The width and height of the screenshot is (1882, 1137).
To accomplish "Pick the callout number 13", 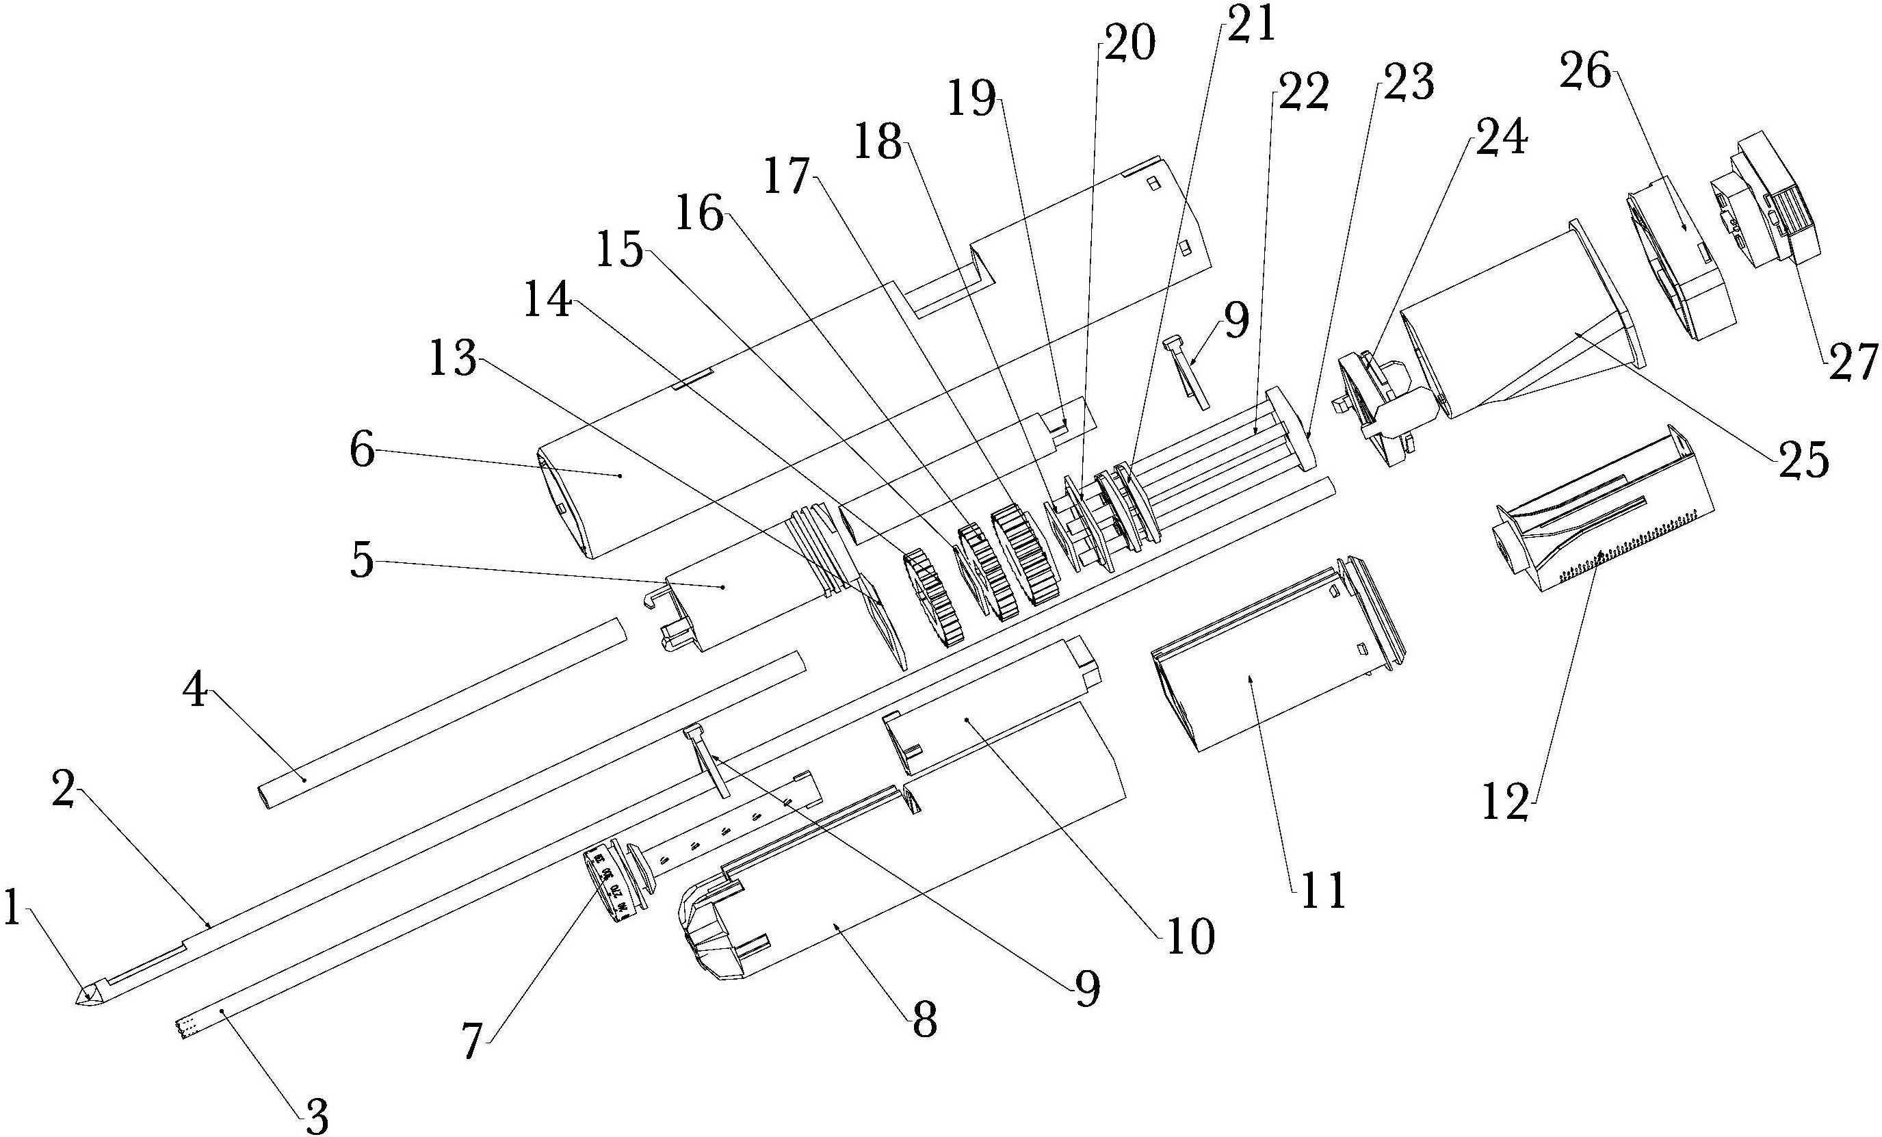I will [452, 359].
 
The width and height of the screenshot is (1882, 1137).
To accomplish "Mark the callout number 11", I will [1323, 889].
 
